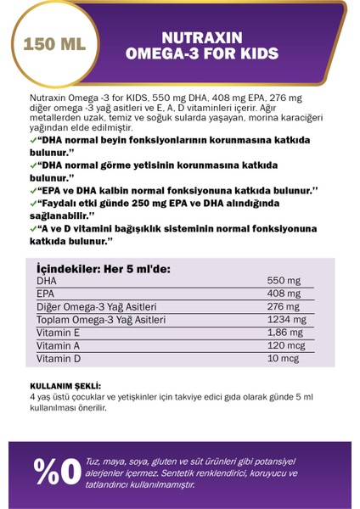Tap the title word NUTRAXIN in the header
coord(200,38)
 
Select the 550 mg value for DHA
coord(283,279)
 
